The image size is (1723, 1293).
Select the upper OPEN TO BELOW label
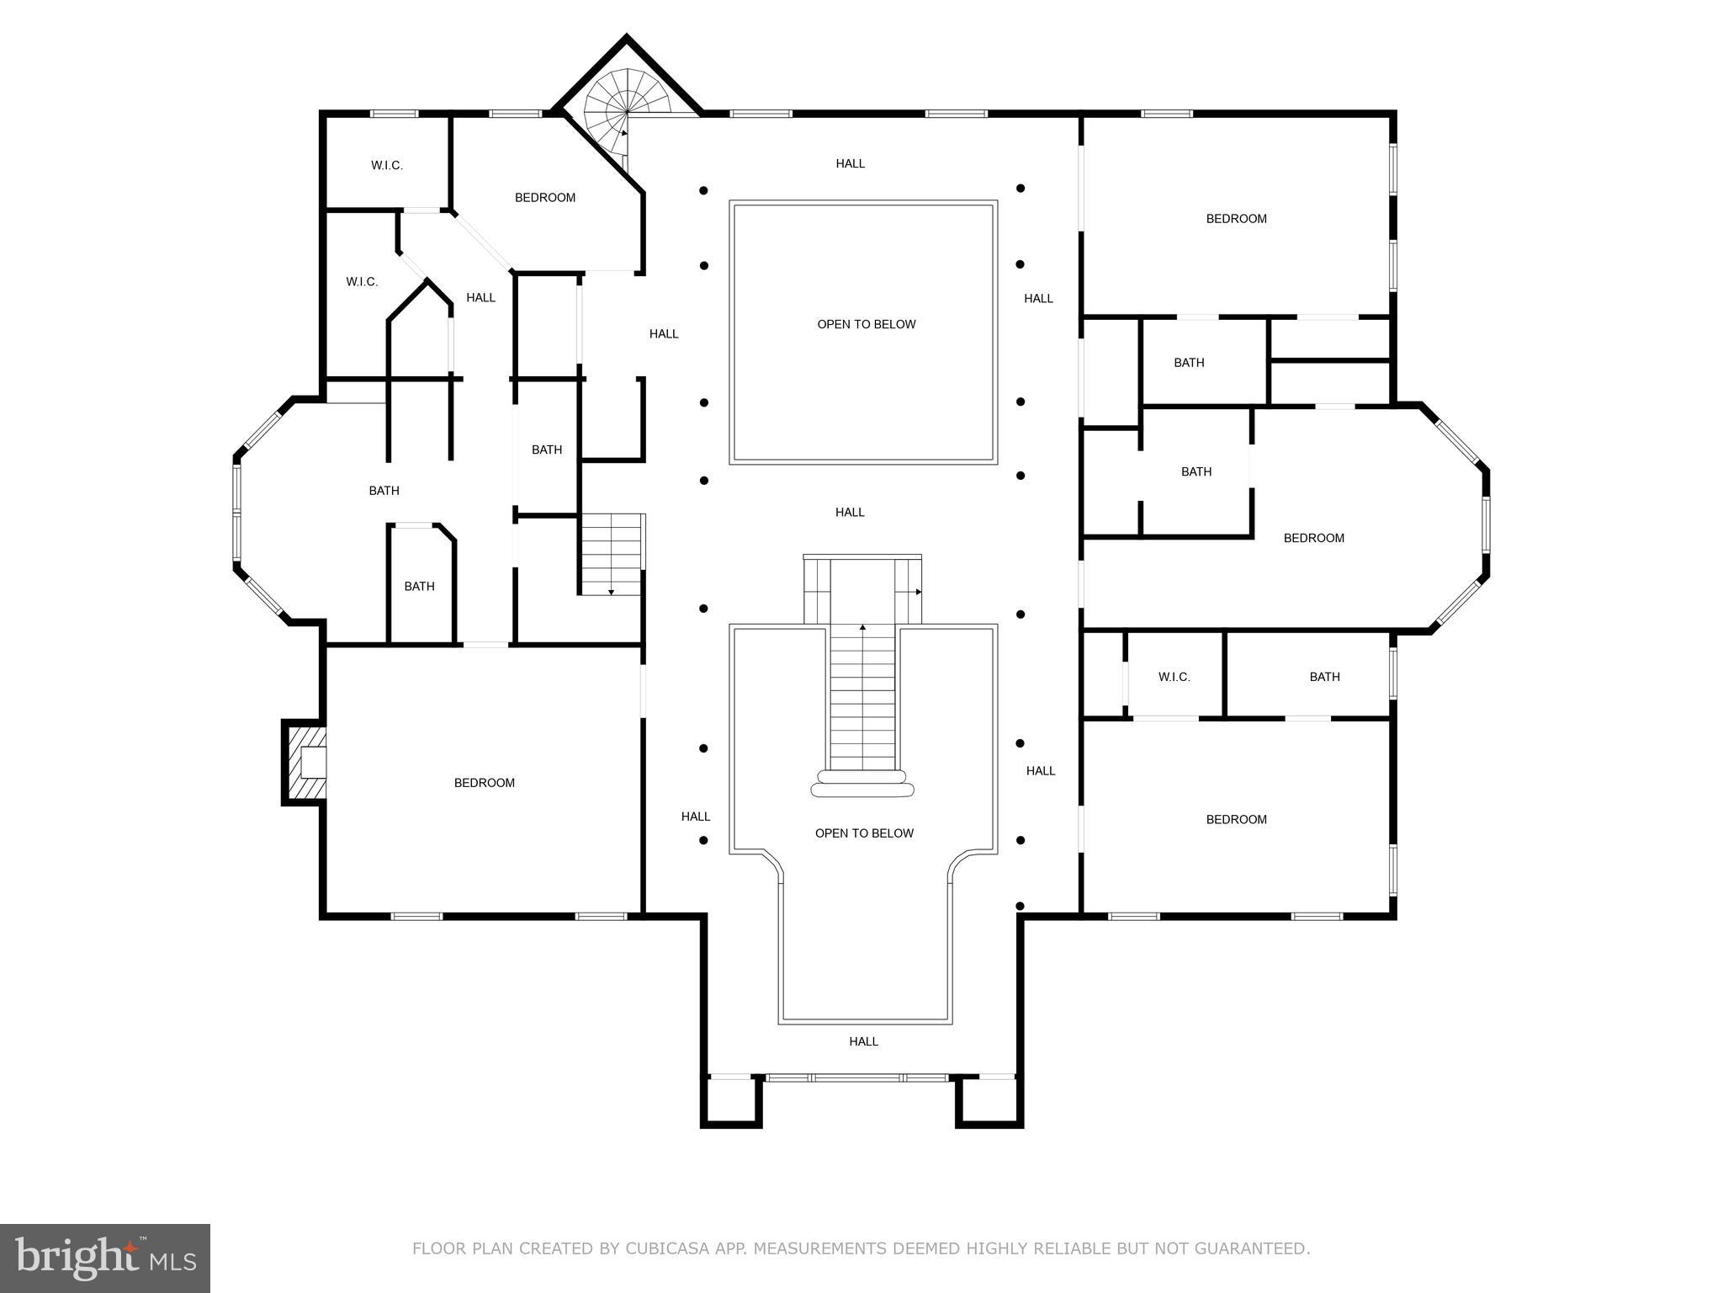point(866,324)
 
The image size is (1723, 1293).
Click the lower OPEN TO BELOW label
point(864,833)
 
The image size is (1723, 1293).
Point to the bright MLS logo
point(105,1258)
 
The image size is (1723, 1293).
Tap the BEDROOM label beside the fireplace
point(484,783)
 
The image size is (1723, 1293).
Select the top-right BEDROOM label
point(1236,219)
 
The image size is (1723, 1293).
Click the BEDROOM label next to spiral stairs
point(545,198)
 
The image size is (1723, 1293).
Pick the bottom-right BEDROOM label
point(1236,819)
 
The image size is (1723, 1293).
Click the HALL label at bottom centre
point(863,1041)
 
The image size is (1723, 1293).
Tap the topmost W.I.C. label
point(387,166)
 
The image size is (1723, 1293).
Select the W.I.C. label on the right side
point(1174,677)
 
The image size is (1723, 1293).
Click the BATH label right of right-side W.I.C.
point(1324,677)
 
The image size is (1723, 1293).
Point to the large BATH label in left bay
point(384,491)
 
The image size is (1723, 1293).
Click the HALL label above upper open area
point(850,163)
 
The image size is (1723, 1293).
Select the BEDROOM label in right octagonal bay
point(1313,538)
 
